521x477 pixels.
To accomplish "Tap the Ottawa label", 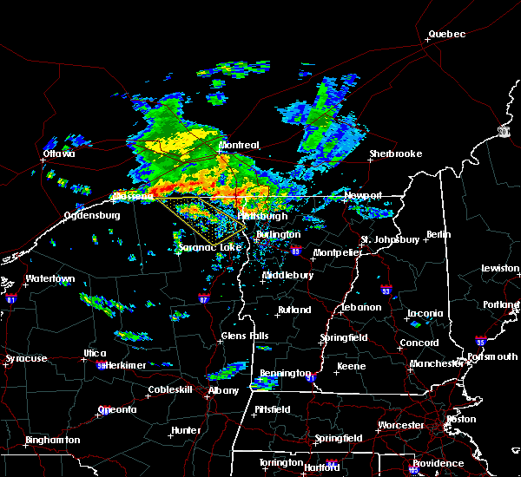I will [59, 154].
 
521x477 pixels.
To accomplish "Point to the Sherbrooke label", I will [395, 154].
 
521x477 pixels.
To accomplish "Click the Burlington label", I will [278, 234].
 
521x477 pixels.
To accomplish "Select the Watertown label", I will [49, 279].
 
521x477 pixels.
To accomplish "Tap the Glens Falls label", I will [245, 336].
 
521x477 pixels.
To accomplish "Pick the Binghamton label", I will [52, 440].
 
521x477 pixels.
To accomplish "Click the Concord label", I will [419, 343].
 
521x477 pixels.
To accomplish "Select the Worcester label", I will [401, 425].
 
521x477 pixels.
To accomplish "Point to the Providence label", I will [438, 463].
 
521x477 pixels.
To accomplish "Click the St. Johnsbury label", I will [391, 239].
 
